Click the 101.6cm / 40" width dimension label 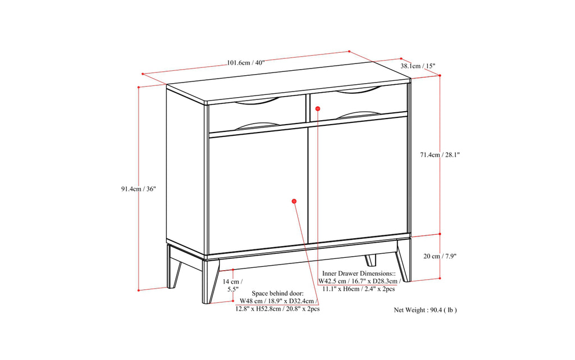click(x=246, y=63)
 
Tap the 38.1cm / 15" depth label click(x=418, y=66)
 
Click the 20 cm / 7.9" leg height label click(x=440, y=256)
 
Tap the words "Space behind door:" click(x=277, y=293)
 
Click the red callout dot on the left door click(x=294, y=200)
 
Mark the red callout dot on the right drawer click(x=317, y=108)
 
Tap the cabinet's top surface click(x=286, y=90)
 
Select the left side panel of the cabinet click(x=185, y=168)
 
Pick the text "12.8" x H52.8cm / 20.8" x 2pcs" click(x=277, y=309)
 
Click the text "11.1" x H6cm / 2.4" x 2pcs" click(x=359, y=289)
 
